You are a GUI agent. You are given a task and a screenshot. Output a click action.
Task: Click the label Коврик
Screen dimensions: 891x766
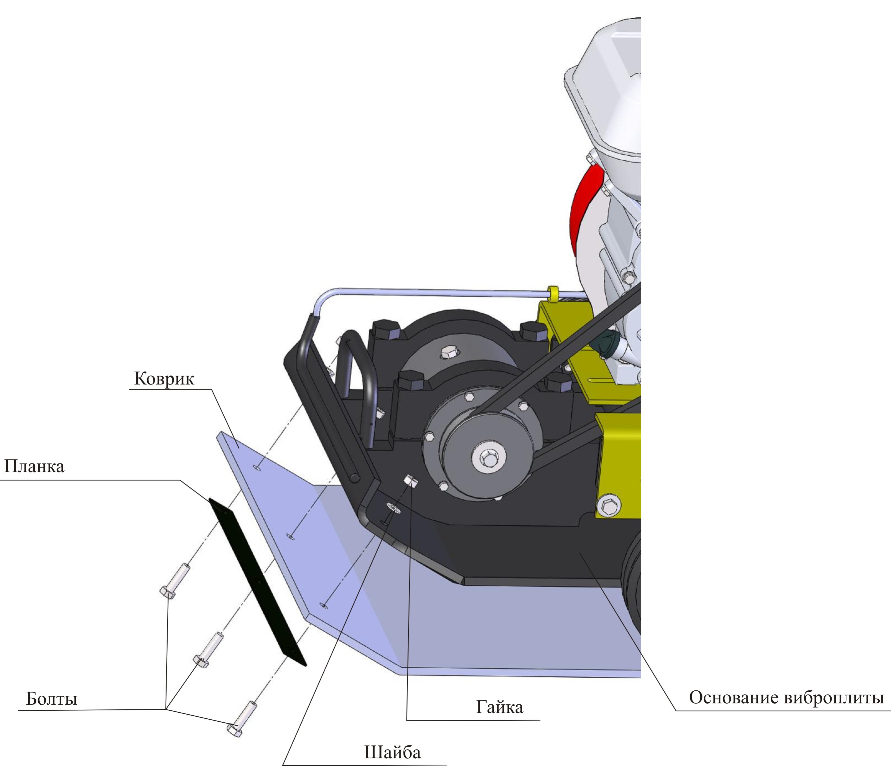pyautogui.click(x=164, y=379)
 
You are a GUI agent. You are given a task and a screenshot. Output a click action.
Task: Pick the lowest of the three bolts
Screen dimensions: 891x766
pyautogui.click(x=243, y=719)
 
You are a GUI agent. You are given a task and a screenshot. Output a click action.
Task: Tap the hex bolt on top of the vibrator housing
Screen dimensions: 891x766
pyautogui.click(x=450, y=352)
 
